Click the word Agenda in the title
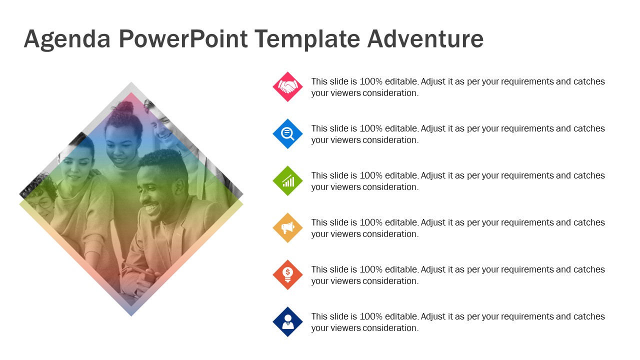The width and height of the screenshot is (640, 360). (x=67, y=39)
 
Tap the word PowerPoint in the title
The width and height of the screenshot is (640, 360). (x=183, y=39)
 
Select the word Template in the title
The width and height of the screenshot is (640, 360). (x=307, y=39)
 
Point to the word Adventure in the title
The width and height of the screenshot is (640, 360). (x=425, y=38)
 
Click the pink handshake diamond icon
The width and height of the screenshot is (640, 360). (x=287, y=87)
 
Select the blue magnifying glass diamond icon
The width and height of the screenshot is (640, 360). (x=287, y=133)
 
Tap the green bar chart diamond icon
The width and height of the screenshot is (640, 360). (x=287, y=181)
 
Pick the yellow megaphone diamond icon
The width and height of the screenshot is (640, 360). (x=287, y=227)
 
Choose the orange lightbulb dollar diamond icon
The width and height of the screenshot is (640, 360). (x=287, y=275)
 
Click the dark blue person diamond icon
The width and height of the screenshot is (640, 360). (x=287, y=321)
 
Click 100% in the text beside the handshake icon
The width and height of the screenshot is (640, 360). (x=371, y=81)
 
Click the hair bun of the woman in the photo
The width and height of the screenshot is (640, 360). (x=125, y=108)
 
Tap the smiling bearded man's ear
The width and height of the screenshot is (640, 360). (x=179, y=186)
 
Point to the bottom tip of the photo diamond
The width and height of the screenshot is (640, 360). (x=131, y=315)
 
